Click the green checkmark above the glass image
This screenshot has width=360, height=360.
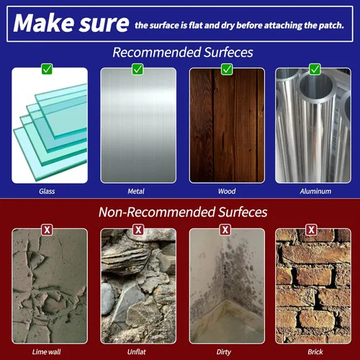[x=47, y=69]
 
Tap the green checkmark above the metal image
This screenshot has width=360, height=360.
[x=138, y=69]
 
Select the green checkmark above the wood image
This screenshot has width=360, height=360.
[x=227, y=69]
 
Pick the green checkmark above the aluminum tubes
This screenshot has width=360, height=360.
[x=315, y=69]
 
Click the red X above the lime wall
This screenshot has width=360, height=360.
[x=47, y=230]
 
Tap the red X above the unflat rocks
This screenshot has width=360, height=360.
[x=138, y=230]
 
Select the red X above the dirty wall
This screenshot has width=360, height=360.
[x=225, y=230]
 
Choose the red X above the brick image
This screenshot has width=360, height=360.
[x=312, y=230]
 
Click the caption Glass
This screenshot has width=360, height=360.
[x=47, y=192]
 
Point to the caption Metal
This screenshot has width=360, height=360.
[x=136, y=192]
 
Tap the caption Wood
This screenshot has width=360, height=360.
[x=227, y=192]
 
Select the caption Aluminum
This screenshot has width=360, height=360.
[x=315, y=192]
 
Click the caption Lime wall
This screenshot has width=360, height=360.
[x=47, y=352]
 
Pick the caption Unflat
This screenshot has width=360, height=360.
[x=137, y=352]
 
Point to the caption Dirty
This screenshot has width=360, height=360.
[x=224, y=352]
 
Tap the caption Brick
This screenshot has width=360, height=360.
[x=315, y=352]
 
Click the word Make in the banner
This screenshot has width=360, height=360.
[x=44, y=23]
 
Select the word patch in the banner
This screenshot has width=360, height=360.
[x=331, y=25]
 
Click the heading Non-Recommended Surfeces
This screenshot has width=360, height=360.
[x=183, y=212]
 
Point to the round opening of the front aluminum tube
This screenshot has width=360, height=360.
[x=316, y=86]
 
